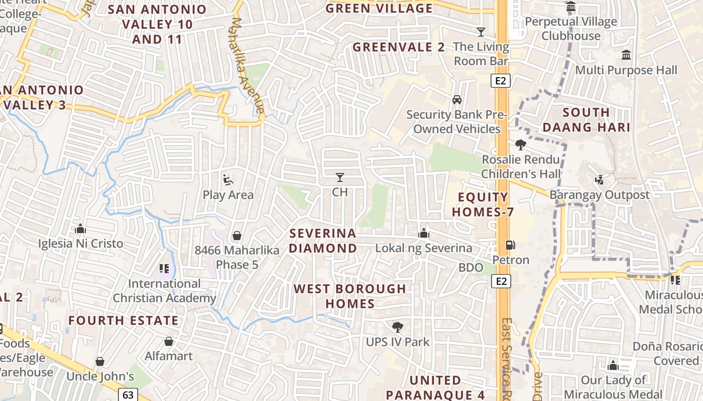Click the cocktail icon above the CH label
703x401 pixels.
pyautogui.click(x=340, y=177)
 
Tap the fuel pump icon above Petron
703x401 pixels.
pyautogui.click(x=510, y=245)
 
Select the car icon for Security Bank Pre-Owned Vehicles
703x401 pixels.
pyautogui.click(x=457, y=99)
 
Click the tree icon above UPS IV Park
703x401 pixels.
pyautogui.click(x=398, y=327)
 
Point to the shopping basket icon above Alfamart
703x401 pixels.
pyautogui.click(x=169, y=341)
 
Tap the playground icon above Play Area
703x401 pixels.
pyautogui.click(x=227, y=179)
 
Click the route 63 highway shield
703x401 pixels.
pyautogui.click(x=128, y=394)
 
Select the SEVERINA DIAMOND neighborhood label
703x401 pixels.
pyautogui.click(x=323, y=241)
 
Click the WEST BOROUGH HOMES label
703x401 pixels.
pyautogui.click(x=350, y=296)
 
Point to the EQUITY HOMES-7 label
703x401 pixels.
pyautogui.click(x=483, y=205)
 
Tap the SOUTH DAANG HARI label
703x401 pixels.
pyautogui.click(x=586, y=120)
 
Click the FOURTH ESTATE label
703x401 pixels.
pyautogui.click(x=124, y=320)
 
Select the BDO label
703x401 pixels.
pyautogui.click(x=471, y=268)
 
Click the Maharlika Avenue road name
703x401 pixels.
pyautogui.click(x=248, y=65)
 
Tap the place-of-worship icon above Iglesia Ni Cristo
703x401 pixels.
pyautogui.click(x=80, y=229)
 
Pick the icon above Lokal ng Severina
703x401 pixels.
pyautogui.click(x=424, y=233)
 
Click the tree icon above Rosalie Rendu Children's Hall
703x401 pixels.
pyautogui.click(x=521, y=145)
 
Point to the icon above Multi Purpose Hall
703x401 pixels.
pyautogui.click(x=626, y=55)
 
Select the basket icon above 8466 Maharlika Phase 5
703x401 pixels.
pyautogui.click(x=237, y=235)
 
